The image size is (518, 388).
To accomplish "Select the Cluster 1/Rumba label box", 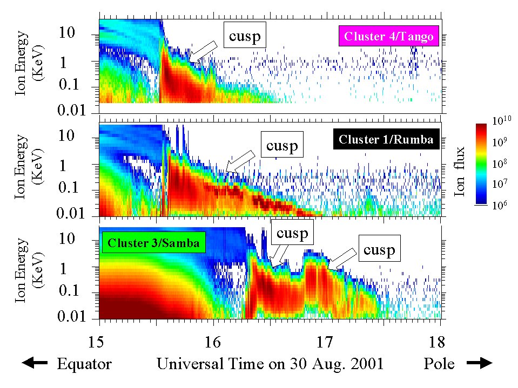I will click(386, 140).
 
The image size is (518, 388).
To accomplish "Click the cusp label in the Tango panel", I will click(245, 36).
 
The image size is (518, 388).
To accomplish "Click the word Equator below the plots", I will click(84, 364).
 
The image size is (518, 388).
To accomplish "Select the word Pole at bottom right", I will click(439, 364).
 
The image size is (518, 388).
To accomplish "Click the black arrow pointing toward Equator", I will click(36, 364).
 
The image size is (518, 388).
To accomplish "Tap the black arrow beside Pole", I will click(478, 364).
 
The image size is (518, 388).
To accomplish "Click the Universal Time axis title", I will click(270, 364).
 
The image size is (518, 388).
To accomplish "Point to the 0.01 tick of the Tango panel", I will click(80, 111).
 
